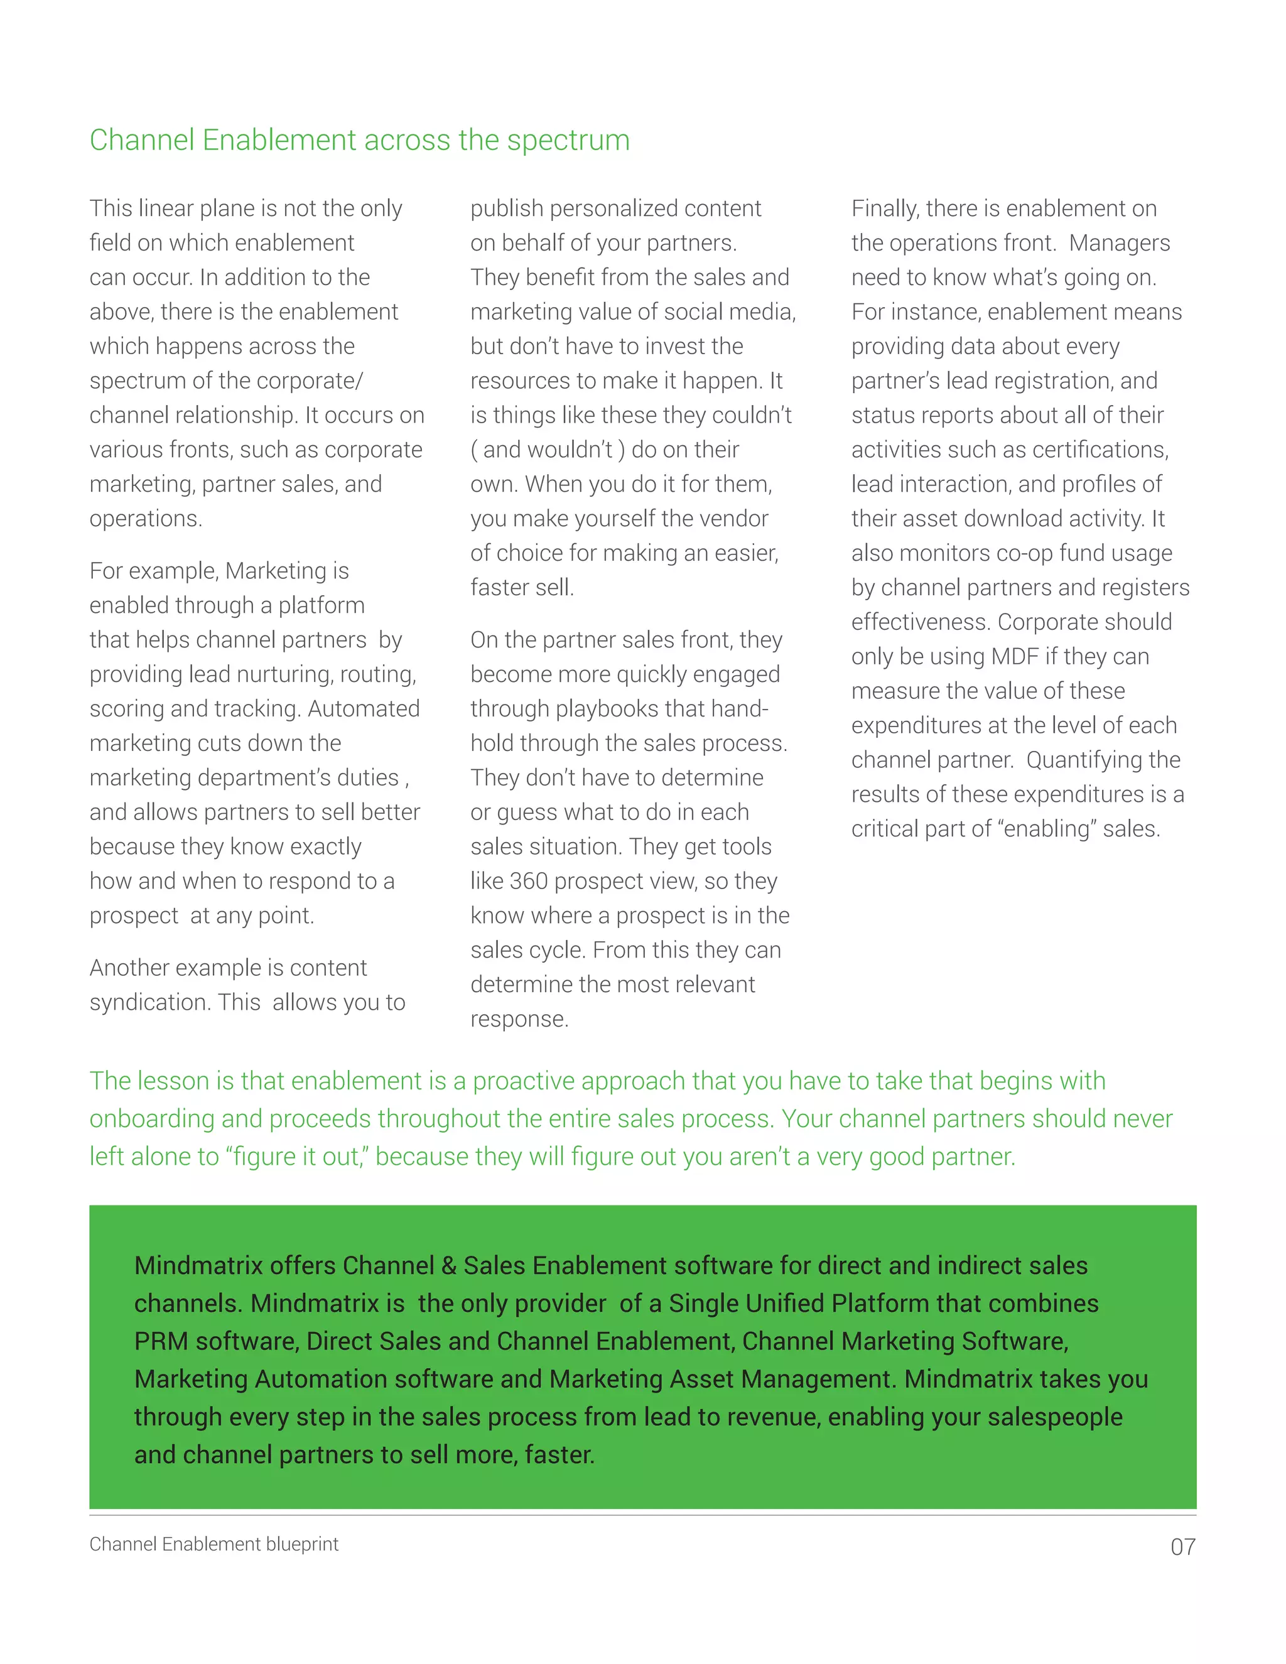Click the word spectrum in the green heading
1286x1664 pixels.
[x=568, y=141]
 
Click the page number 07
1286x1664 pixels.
[x=1182, y=1547]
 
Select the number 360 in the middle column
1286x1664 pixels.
[x=529, y=882]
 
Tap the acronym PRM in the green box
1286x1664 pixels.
[x=161, y=1341]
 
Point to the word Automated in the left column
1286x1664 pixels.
[x=364, y=710]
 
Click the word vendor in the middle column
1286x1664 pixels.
[x=732, y=519]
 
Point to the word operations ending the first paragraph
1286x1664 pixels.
[x=145, y=519]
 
